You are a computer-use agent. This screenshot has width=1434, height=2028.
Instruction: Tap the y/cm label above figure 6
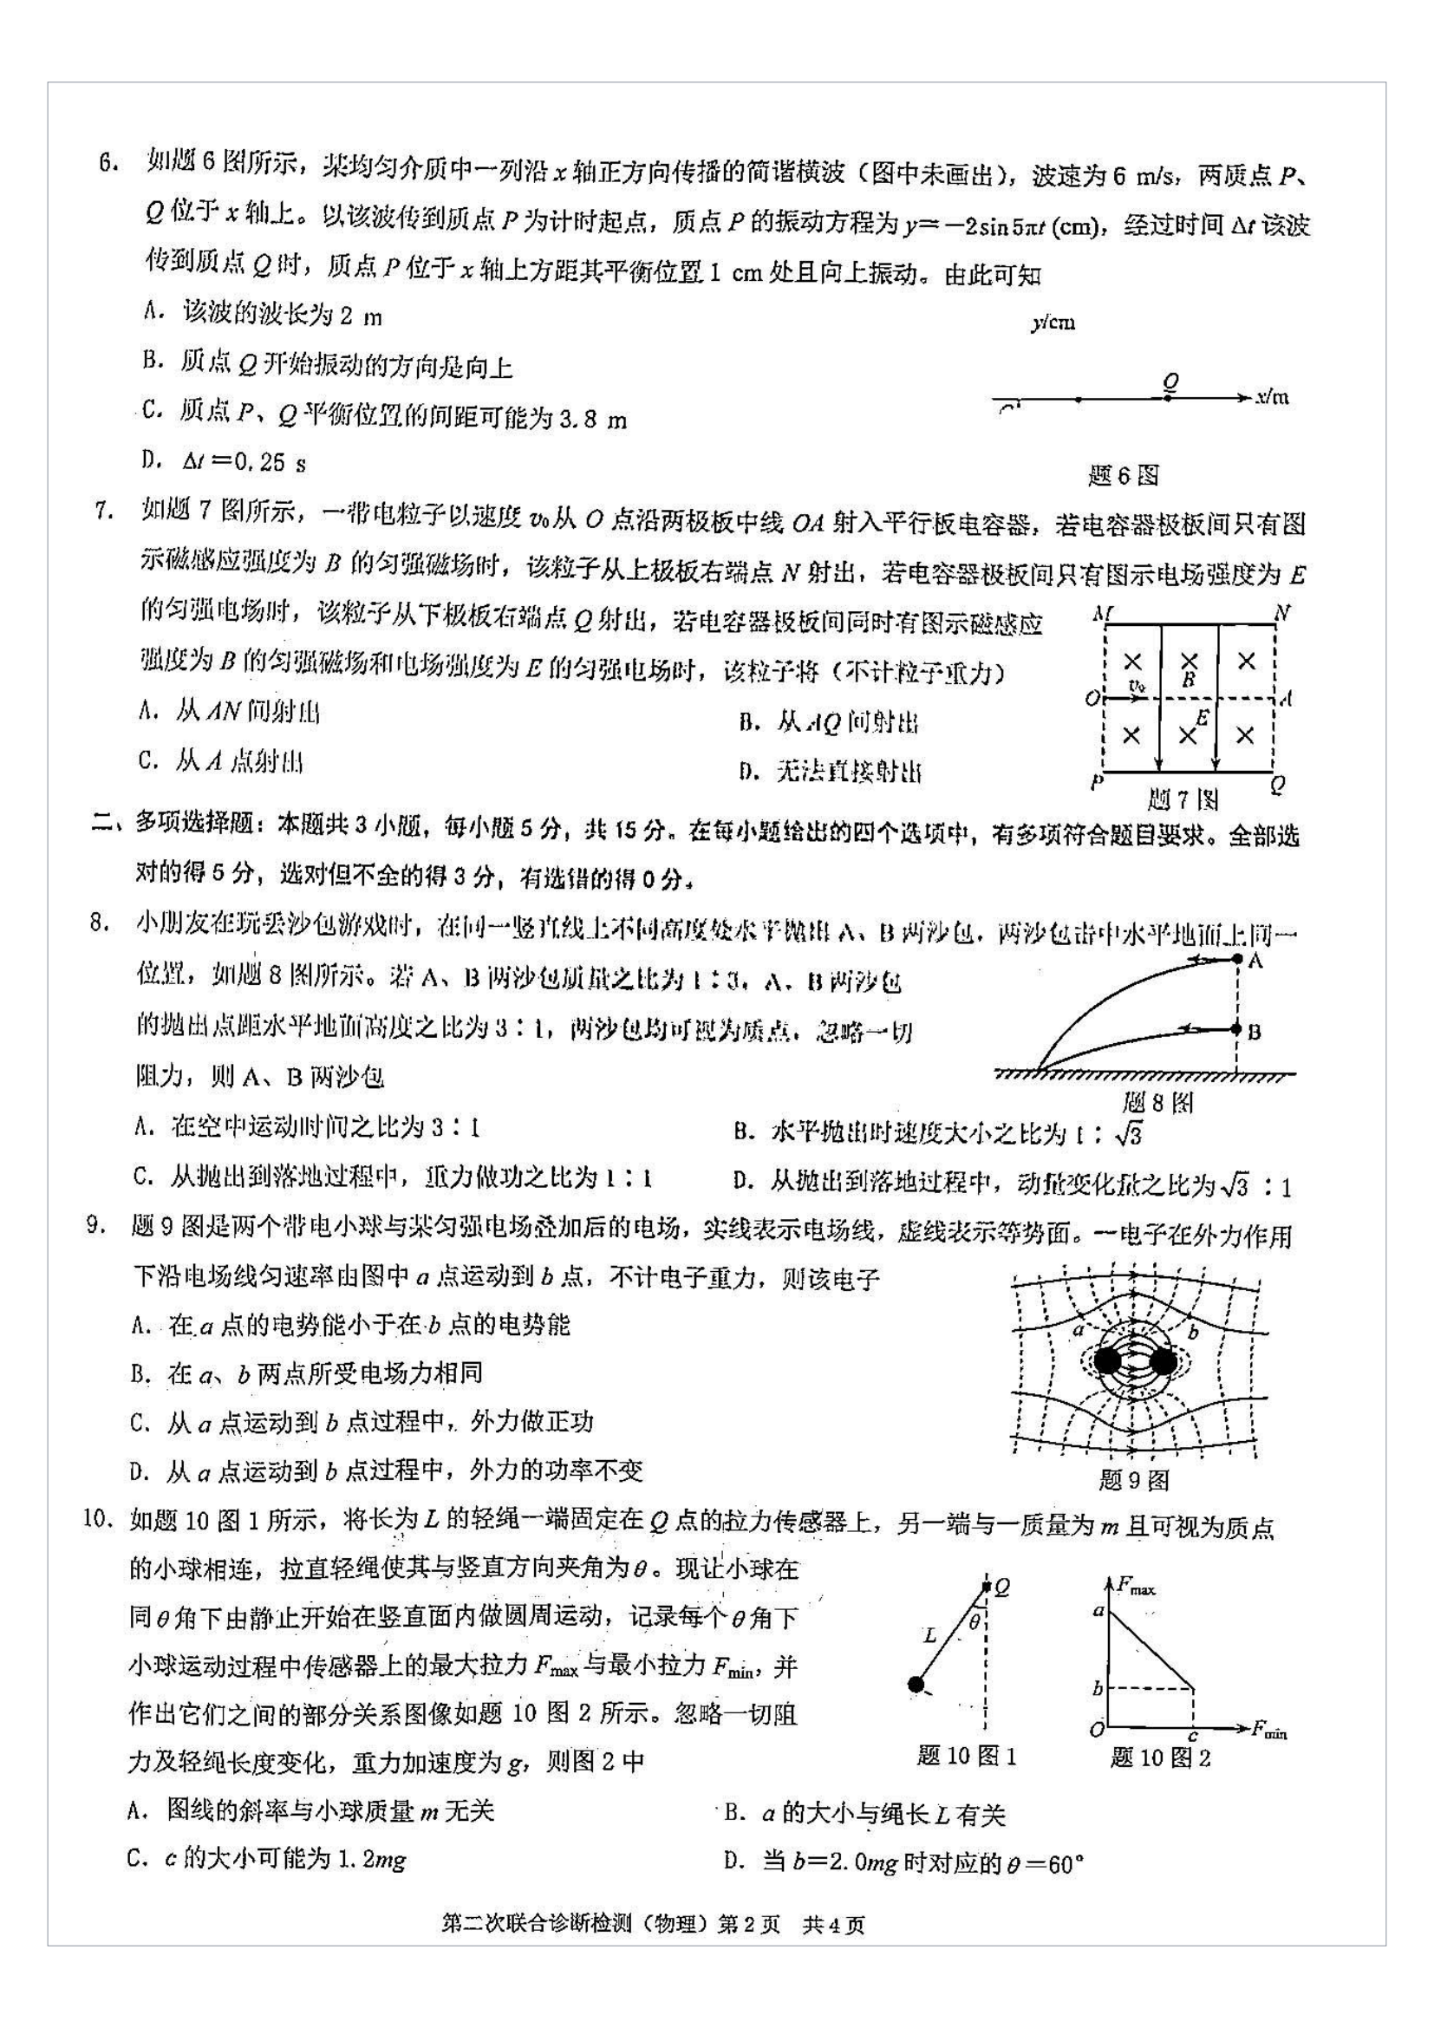click(x=1053, y=323)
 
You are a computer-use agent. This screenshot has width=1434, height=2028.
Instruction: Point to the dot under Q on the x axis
click(x=1168, y=398)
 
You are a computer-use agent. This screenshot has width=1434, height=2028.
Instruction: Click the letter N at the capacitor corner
click(x=1283, y=612)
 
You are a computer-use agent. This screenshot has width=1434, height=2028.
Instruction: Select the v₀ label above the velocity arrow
click(x=1137, y=686)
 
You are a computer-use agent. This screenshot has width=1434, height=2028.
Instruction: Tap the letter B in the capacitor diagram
click(x=1189, y=680)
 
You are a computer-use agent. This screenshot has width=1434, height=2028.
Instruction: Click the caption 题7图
click(x=1183, y=800)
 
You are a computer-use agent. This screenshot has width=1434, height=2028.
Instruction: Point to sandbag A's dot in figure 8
click(x=1237, y=958)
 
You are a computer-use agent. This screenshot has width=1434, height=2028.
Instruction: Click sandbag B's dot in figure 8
click(x=1237, y=1029)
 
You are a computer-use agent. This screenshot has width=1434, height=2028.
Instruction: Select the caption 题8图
click(x=1157, y=1102)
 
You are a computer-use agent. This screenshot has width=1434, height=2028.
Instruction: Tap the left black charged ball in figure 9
click(x=1106, y=1361)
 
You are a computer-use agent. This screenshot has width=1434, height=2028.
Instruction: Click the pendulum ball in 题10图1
click(x=916, y=1685)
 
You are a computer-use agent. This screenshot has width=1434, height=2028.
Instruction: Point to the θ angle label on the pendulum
click(x=974, y=1621)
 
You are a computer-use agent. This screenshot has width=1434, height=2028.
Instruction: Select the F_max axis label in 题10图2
click(x=1136, y=1588)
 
